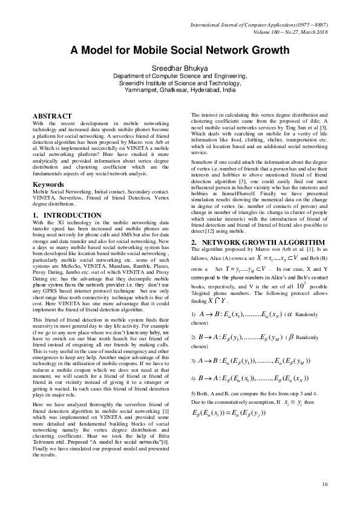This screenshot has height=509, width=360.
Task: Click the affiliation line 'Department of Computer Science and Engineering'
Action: [x=180, y=77]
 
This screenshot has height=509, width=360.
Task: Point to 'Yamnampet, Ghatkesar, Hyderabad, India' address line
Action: [x=180, y=89]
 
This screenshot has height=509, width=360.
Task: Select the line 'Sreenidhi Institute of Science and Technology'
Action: [x=180, y=83]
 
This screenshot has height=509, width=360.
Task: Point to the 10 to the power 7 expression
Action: [x=299, y=266]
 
